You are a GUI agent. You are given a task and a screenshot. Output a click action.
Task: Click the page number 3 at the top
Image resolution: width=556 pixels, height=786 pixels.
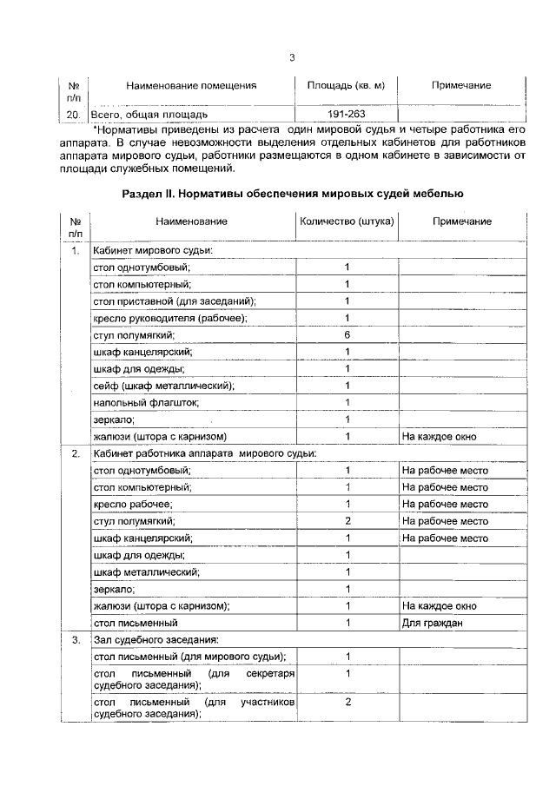tap(292, 58)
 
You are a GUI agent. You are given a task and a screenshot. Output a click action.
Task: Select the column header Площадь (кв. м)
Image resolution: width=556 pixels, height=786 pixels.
tap(346, 85)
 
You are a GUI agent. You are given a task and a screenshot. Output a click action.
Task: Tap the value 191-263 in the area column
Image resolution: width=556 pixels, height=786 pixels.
tap(346, 114)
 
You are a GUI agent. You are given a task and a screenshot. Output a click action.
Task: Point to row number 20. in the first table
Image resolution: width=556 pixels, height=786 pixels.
tap(75, 114)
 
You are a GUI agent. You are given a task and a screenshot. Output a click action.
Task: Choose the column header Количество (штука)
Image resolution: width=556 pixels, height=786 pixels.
tap(347, 221)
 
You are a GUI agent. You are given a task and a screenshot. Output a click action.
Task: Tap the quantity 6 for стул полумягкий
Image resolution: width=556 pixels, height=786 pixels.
tap(347, 334)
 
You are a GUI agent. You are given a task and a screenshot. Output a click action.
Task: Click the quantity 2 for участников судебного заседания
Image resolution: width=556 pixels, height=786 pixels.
tap(347, 702)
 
